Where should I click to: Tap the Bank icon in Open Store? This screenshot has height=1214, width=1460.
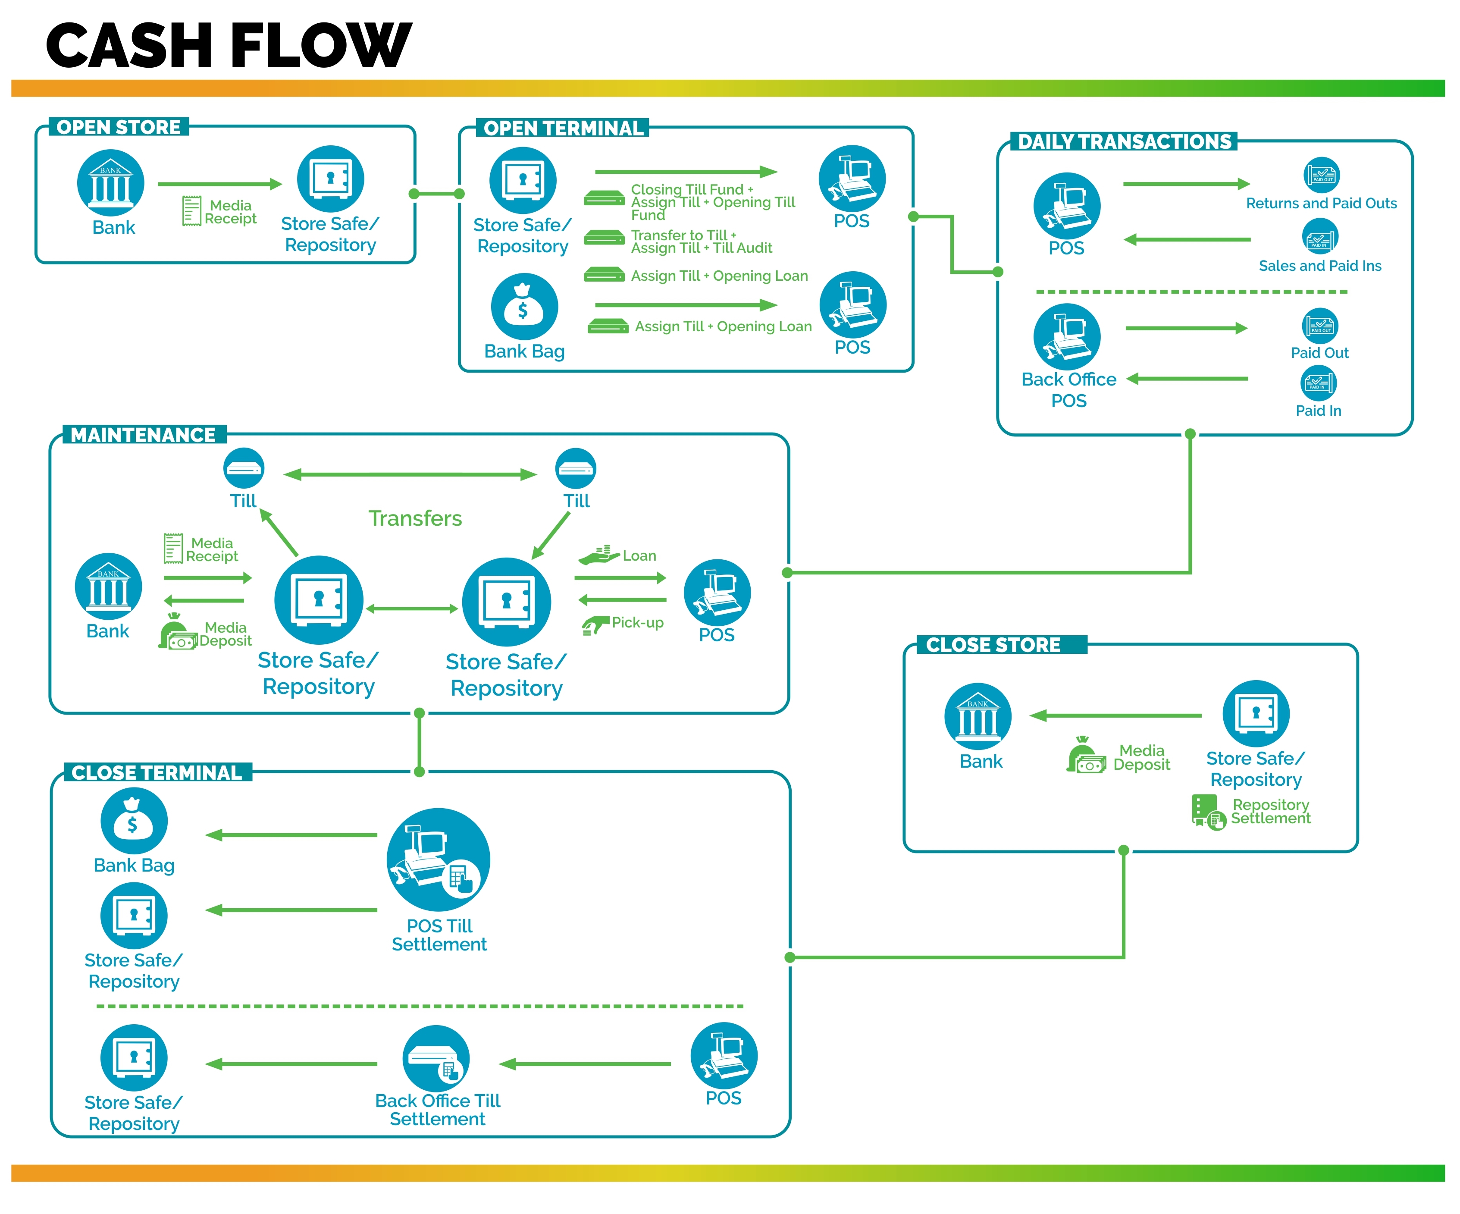(110, 183)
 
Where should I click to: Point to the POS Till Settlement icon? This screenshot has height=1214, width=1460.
(438, 860)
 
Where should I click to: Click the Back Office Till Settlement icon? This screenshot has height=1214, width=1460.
(436, 1058)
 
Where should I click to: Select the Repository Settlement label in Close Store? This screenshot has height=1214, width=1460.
(1270, 812)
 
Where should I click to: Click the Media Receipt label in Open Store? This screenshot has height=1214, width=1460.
(230, 212)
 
